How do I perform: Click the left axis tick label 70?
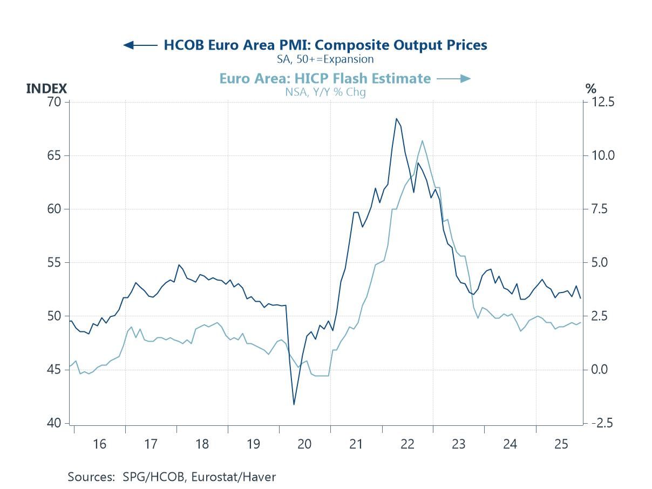(54, 102)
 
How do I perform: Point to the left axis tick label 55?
(54, 263)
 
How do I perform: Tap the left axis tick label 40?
(54, 423)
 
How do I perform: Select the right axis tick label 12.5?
(602, 102)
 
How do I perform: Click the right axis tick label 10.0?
(602, 155)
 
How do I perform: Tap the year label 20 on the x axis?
(304, 444)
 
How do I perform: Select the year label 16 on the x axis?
(99, 444)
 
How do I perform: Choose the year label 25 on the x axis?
(561, 444)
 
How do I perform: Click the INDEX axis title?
(46, 89)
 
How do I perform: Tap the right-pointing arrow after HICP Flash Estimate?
(453, 79)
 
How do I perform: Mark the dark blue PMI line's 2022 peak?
(396, 118)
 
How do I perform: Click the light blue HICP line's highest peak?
(422, 140)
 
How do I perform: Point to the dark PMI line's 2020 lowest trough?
(294, 404)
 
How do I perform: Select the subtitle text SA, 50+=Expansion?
(325, 59)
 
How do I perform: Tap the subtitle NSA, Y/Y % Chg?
(325, 92)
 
